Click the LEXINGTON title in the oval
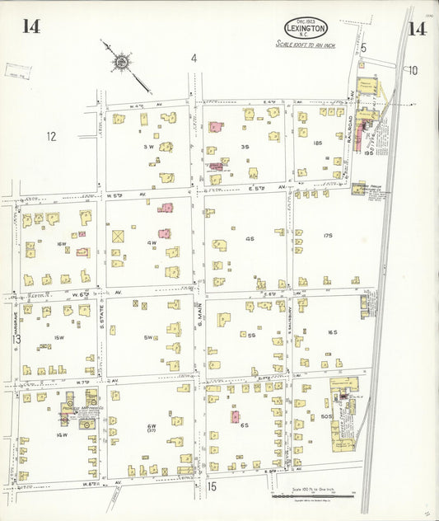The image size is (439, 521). pos(306,29)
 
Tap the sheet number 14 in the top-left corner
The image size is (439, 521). pos(31,26)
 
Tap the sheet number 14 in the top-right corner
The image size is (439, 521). pos(416,30)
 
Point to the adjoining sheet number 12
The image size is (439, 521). pos(51,137)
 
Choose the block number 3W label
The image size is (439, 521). pos(149,147)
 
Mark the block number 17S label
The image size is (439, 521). pos(327,236)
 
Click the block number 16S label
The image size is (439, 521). pos(333,332)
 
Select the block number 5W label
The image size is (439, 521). pos(149,337)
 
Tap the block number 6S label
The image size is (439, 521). pos(245,425)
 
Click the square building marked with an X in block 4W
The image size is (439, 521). pos(118,236)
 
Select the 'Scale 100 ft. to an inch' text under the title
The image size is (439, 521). pos(306,45)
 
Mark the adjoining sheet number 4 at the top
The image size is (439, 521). pos(194,58)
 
